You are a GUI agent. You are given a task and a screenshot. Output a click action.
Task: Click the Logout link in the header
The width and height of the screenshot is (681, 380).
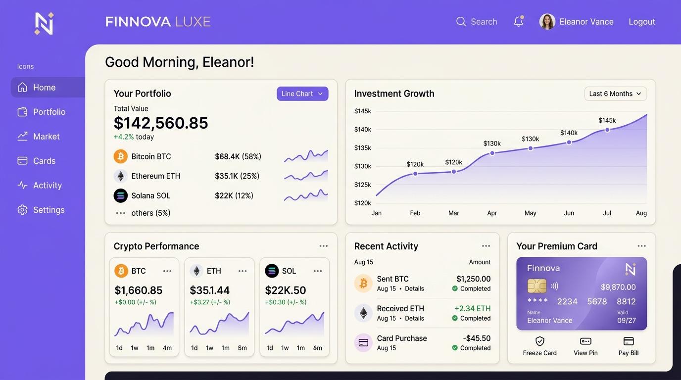[x=642, y=22]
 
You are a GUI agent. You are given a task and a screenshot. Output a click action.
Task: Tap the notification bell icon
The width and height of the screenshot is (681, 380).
[x=519, y=21]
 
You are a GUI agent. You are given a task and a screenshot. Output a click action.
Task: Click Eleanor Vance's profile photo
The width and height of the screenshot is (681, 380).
[x=547, y=22]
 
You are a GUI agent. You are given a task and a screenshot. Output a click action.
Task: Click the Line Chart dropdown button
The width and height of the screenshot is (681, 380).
[x=302, y=94]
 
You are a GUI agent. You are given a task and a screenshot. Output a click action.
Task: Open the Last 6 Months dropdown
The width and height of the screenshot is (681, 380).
[x=616, y=94]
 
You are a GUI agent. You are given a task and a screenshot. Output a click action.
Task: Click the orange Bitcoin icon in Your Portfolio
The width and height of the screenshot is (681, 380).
[x=121, y=156]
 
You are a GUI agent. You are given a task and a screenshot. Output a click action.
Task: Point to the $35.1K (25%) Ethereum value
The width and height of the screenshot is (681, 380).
[x=237, y=176]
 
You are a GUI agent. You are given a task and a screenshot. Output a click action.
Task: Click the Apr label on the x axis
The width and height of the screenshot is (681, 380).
[x=492, y=213]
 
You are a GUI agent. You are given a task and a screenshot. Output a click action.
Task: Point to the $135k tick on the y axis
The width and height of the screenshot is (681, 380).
[x=363, y=148]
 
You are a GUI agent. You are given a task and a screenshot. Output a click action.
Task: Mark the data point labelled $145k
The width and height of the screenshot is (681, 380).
[x=607, y=130]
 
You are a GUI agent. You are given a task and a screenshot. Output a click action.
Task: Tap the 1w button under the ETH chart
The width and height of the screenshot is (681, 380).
[x=209, y=348]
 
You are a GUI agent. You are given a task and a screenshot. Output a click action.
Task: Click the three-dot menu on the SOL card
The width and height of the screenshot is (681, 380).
[x=318, y=271]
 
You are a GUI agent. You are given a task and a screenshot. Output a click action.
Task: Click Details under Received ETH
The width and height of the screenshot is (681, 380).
[x=414, y=318]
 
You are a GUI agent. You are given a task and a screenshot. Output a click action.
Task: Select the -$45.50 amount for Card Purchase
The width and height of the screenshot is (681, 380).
[x=477, y=338]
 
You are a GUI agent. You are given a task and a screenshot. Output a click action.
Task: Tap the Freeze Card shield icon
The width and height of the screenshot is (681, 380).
[x=540, y=341]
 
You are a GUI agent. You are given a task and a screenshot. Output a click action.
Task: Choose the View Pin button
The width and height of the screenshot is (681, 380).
[x=585, y=346]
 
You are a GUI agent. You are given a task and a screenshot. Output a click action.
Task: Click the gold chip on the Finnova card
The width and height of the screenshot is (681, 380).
[x=536, y=286]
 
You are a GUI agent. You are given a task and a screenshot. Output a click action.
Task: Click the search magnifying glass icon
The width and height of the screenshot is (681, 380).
[x=461, y=22]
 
